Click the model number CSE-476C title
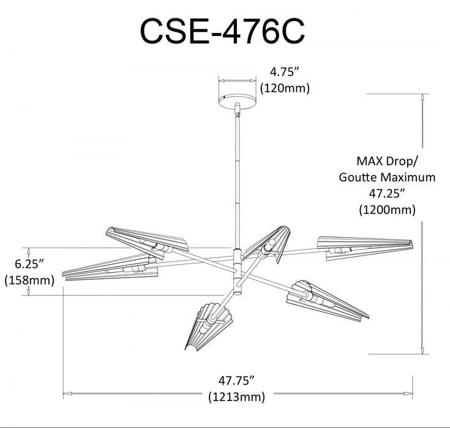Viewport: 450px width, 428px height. [x=222, y=31]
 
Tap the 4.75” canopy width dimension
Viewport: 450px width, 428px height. [x=285, y=72]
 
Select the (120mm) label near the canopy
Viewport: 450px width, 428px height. [x=285, y=88]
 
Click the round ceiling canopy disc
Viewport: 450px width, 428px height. [x=238, y=101]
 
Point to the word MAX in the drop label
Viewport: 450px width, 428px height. [x=370, y=161]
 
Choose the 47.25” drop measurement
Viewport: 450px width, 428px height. [x=387, y=193]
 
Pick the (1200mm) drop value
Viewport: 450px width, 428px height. [x=387, y=210]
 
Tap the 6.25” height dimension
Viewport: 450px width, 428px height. [x=29, y=264]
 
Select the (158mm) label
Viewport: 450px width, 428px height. [x=29, y=280]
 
